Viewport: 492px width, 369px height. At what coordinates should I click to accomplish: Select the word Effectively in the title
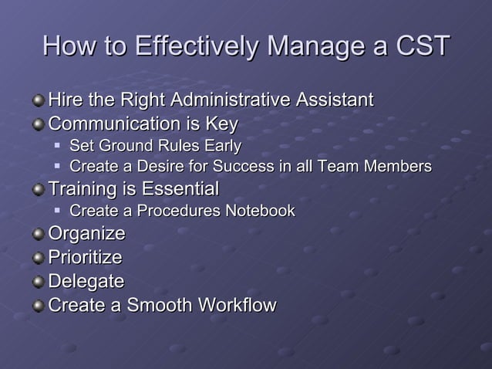pyautogui.click(x=197, y=46)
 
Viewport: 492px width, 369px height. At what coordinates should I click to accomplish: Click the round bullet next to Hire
pyautogui.click(x=39, y=101)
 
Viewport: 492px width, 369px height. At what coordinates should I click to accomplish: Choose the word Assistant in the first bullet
pyautogui.click(x=333, y=100)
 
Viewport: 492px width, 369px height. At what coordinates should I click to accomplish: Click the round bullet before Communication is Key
pyautogui.click(x=39, y=124)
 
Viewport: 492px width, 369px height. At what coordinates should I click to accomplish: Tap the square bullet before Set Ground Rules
pyautogui.click(x=58, y=146)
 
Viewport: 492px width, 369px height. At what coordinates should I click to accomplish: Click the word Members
pyautogui.click(x=396, y=167)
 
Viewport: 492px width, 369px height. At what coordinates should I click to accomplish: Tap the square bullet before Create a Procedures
pyautogui.click(x=58, y=211)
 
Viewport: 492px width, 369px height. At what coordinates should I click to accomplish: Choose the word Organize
pyautogui.click(x=86, y=234)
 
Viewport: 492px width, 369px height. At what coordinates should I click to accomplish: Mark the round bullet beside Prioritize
pyautogui.click(x=39, y=258)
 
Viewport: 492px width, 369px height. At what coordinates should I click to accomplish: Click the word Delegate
pyautogui.click(x=86, y=281)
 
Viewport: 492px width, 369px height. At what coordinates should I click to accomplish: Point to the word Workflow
pyautogui.click(x=238, y=305)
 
